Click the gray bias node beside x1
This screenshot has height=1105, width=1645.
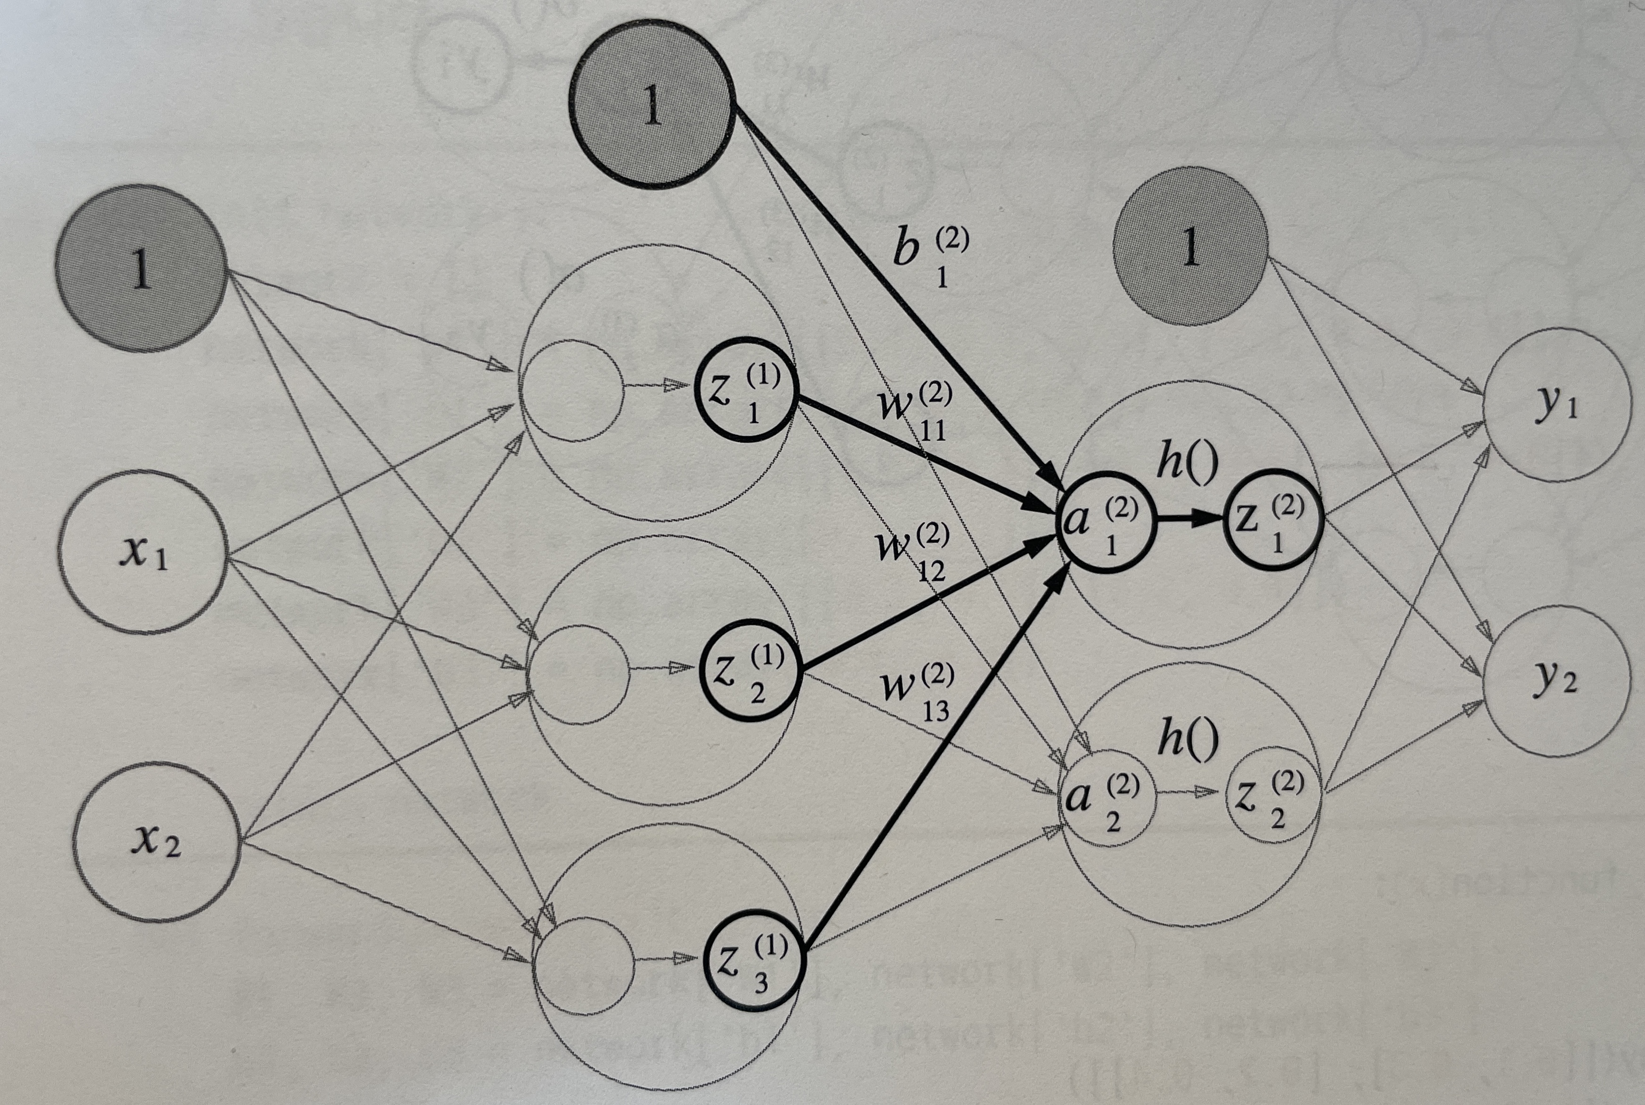click(141, 268)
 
